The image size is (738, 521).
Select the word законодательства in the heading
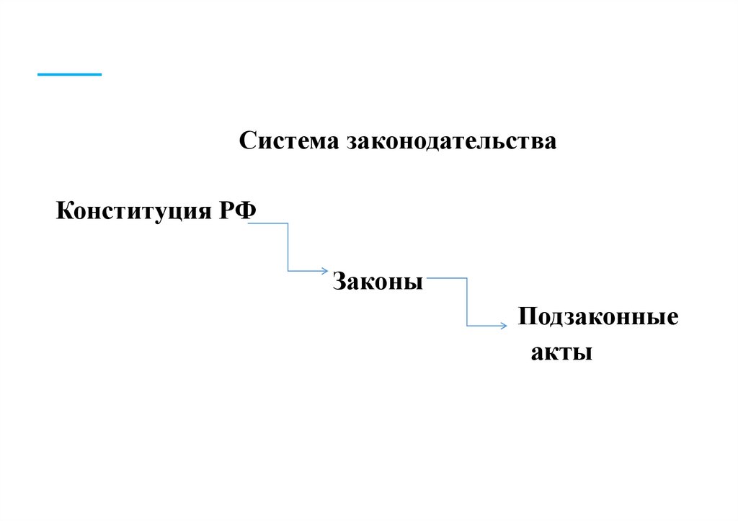(x=453, y=141)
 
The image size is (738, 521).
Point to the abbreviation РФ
(x=237, y=211)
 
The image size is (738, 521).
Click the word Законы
(x=378, y=281)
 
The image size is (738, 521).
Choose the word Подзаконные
(x=597, y=317)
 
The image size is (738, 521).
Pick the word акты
(x=561, y=353)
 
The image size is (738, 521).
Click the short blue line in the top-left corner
(x=69, y=74)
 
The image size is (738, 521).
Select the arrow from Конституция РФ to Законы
(x=288, y=247)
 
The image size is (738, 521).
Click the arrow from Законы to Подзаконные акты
(x=467, y=302)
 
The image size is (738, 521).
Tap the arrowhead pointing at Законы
(x=324, y=271)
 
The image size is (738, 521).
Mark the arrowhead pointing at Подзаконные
(x=502, y=326)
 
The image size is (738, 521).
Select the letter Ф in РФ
(x=246, y=211)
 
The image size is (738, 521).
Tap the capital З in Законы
(x=339, y=281)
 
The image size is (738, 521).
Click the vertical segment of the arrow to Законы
(x=288, y=247)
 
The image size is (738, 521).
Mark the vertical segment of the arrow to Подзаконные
(x=467, y=302)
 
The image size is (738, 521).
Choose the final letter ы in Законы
(x=415, y=282)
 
